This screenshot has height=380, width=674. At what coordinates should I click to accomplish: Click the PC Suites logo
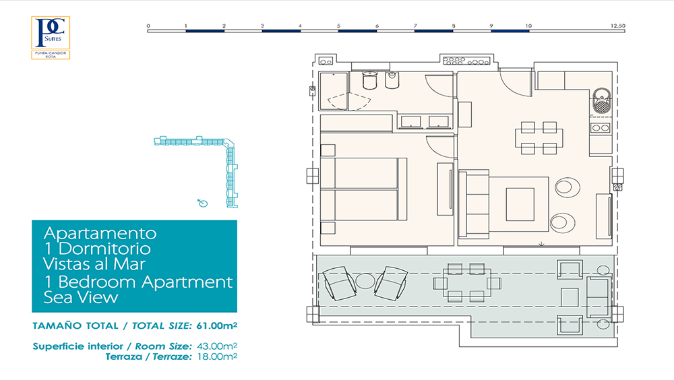point(51,38)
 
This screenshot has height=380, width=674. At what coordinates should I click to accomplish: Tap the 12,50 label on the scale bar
point(617,26)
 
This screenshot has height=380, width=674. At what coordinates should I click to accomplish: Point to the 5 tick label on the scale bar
point(339,26)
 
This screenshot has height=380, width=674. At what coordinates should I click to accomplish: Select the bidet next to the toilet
point(392,80)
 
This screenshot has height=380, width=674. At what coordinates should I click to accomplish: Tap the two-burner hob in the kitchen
point(601,127)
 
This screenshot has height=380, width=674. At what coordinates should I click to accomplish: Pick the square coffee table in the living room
point(520,204)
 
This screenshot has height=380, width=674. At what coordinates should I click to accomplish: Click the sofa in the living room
point(474,203)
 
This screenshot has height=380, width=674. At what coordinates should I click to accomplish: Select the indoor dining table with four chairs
point(539,138)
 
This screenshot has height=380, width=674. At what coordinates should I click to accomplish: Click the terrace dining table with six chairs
point(467,283)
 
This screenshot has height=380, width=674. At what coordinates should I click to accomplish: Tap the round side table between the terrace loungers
point(365,281)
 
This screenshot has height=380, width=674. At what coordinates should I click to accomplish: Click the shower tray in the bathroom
point(334,91)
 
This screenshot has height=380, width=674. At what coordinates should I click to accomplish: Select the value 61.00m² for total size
point(216,325)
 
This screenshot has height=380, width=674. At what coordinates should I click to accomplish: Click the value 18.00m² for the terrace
point(217,356)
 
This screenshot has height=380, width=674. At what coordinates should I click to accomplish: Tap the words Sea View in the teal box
point(81,298)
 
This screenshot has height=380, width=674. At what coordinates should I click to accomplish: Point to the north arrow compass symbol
point(202,203)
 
